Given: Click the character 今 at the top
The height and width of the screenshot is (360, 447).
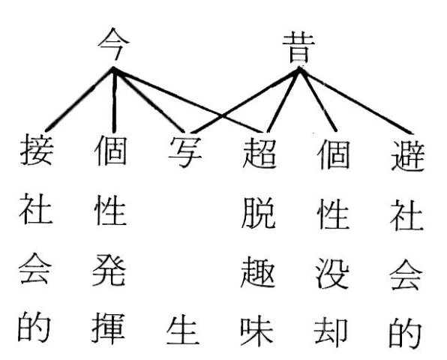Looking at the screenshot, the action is point(114,43).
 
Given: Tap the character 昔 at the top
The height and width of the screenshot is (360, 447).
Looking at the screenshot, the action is point(298,48).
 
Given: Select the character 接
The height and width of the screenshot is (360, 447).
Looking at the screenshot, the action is point(37,150).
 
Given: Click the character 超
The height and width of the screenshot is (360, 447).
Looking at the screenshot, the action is point(259,152).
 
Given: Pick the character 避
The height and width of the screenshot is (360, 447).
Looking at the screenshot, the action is point(408,155).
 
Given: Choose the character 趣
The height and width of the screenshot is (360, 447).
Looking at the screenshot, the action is point(258,271).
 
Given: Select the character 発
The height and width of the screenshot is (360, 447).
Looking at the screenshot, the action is point(109,269).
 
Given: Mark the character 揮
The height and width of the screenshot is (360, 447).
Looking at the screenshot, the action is point(108,328).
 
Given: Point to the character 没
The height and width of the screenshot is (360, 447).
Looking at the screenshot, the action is point(332,273).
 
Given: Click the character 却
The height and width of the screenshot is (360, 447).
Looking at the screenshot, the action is point(331,333).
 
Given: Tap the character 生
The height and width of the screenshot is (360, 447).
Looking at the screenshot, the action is point(183,329).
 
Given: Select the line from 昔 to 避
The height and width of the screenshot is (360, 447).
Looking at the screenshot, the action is point(355,100).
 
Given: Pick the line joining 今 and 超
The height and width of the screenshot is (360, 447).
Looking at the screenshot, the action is point(187,100).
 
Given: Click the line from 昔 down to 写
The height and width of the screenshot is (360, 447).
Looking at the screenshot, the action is point(245,100).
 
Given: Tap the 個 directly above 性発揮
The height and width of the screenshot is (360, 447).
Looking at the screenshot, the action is point(110,150).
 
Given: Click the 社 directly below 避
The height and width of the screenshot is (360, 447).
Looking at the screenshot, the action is point(406,214).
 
